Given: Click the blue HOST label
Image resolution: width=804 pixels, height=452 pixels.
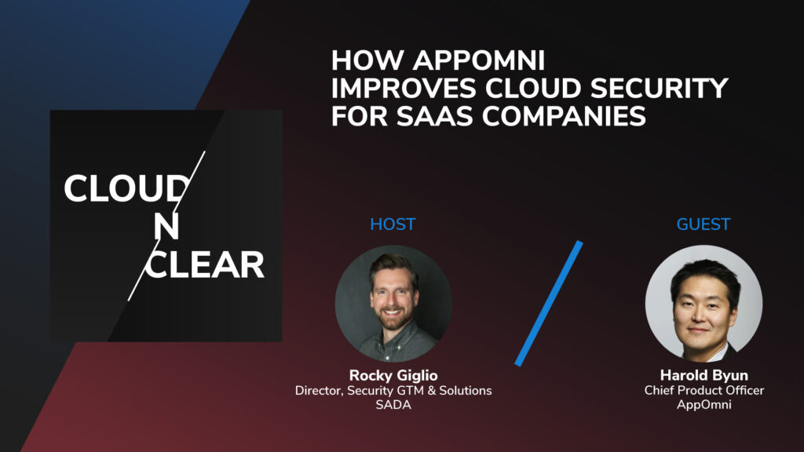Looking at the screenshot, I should pos(393,224).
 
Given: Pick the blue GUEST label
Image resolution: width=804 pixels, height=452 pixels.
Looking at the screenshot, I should pos(703,224).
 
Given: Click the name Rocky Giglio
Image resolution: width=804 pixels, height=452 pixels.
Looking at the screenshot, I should pos(393,376).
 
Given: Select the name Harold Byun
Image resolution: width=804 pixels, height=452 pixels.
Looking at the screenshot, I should pos(704,376).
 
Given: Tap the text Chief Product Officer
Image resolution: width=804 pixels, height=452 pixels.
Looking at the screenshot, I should pos(704,390).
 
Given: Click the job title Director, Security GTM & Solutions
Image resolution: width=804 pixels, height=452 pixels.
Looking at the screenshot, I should pos(393,390).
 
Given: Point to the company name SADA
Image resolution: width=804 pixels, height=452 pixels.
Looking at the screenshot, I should pos(393,405).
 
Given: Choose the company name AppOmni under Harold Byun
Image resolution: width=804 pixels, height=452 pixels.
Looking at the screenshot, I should pos(704,405).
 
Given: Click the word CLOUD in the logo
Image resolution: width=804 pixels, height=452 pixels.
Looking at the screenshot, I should pos(126,189).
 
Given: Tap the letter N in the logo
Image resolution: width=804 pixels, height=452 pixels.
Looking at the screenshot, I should pos(166,226).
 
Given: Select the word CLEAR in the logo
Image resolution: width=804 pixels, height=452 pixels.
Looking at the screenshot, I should pos(204,266).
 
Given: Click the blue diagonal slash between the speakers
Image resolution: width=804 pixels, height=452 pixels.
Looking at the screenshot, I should pos(549,303).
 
